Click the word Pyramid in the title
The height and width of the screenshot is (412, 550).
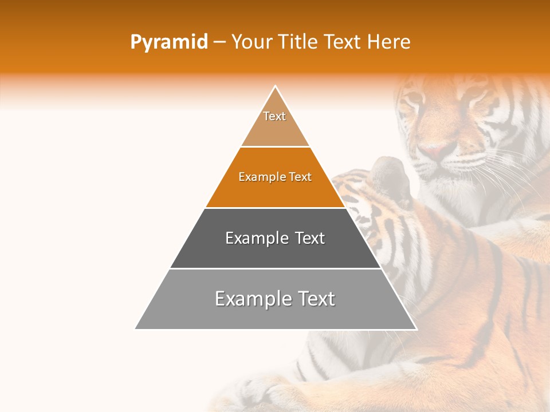pos(168,42)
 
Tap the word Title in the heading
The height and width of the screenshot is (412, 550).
pos(300,42)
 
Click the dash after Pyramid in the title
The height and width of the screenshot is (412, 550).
pos(219,43)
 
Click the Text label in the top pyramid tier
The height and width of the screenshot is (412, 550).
pos(274,116)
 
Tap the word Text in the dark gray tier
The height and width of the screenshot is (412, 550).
pos(310,238)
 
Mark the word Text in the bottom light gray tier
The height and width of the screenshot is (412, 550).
pos(315,299)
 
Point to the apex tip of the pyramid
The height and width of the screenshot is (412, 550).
pos(276,87)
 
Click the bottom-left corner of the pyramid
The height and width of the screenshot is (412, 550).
pos(136,328)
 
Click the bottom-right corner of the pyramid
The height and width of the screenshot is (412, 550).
pos(416,328)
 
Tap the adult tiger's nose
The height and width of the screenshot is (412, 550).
pos(437,151)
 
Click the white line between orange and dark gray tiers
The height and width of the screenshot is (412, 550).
pos(276,208)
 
